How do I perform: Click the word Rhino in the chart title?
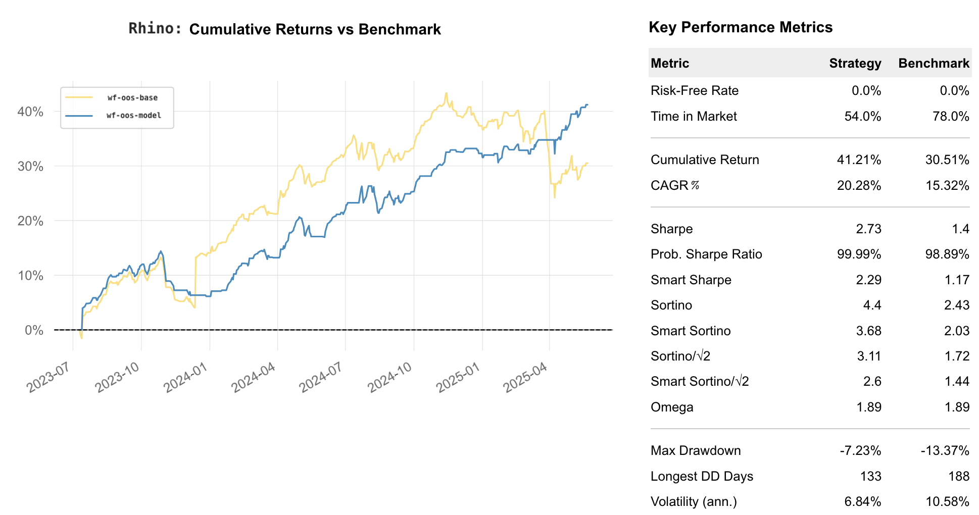pyautogui.click(x=154, y=29)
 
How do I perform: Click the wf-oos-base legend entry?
pyautogui.click(x=132, y=98)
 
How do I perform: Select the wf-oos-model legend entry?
pyautogui.click(x=134, y=116)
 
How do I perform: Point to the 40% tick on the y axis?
pyautogui.click(x=30, y=112)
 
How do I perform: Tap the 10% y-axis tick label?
pyautogui.click(x=30, y=276)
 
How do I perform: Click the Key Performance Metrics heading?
pyautogui.click(x=740, y=27)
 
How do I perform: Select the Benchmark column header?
pyautogui.click(x=933, y=63)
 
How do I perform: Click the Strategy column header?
pyautogui.click(x=855, y=63)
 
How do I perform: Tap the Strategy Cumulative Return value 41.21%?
pyautogui.click(x=859, y=160)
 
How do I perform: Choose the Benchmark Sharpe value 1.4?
pyautogui.click(x=960, y=229)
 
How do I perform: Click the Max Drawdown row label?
pyautogui.click(x=695, y=450)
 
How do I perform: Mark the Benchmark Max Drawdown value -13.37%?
pyautogui.click(x=945, y=450)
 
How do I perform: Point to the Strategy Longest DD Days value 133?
pyautogui.click(x=870, y=476)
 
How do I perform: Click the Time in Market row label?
pyautogui.click(x=693, y=117)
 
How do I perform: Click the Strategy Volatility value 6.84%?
pyautogui.click(x=862, y=502)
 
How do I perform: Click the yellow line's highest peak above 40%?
pyautogui.click(x=446, y=93)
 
